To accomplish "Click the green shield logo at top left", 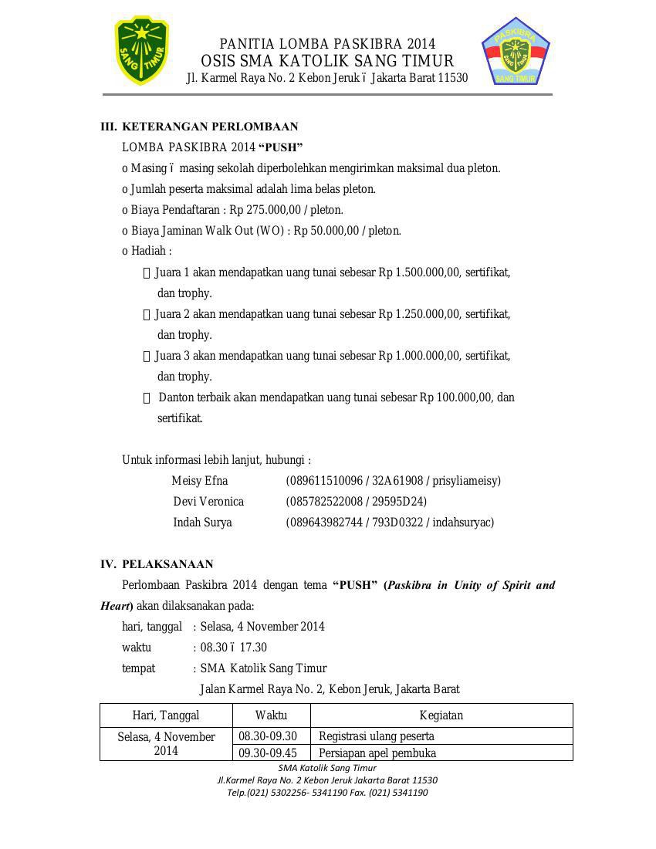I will pos(141,51).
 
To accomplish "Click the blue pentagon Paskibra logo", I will pos(516,52).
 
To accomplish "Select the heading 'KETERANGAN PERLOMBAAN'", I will pos(210,127).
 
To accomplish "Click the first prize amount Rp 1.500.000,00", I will pos(419,272).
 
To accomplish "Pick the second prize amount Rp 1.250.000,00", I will pos(419,314).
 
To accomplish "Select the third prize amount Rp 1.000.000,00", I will pos(419,356).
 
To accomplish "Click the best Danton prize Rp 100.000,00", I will pos(455,397).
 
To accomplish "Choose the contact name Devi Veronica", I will pos(208,502).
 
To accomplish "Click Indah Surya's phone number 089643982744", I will pos(324,523).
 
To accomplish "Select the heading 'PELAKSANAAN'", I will pos(167,564).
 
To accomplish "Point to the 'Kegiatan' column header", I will pos(441,715).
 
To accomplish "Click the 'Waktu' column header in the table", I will pos(271,715).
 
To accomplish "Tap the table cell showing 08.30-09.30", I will pos(268,736).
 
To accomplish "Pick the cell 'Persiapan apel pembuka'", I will pos(377,753).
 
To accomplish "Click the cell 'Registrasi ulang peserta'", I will pos(377,736).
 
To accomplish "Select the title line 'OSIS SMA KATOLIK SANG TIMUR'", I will pos(327,61).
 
